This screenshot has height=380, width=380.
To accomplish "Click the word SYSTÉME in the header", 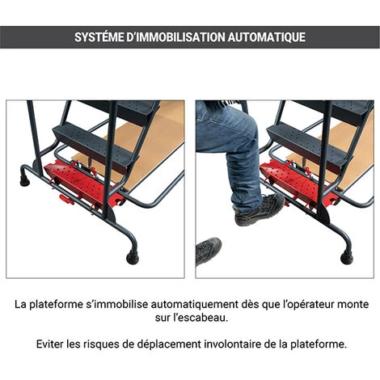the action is pyautogui.click(x=99, y=37).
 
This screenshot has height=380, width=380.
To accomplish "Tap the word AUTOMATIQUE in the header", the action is pyautogui.click(x=267, y=37).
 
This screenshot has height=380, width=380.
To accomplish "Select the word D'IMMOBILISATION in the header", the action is pyautogui.click(x=175, y=37).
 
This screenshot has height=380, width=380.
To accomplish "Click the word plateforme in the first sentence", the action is pyautogui.click(x=56, y=305).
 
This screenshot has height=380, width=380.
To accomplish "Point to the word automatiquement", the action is pyautogui.click(x=194, y=305).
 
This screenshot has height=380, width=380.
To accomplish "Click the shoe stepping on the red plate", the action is pyautogui.click(x=259, y=209).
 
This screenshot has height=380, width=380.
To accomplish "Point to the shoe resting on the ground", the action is pyautogui.click(x=208, y=251).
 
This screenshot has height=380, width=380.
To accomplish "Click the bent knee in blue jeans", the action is pyautogui.click(x=244, y=135).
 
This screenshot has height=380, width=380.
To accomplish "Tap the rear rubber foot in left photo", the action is pyautogui.click(x=25, y=181).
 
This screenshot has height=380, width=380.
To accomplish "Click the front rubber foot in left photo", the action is pyautogui.click(x=133, y=257).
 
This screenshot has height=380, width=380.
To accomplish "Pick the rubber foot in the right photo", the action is pyautogui.click(x=347, y=258).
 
